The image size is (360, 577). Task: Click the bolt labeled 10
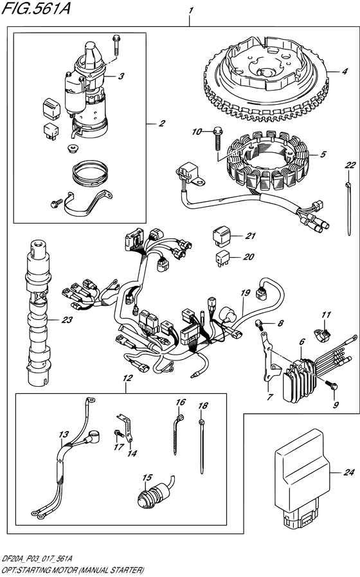click(x=216, y=133)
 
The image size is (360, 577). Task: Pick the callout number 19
click(x=244, y=293)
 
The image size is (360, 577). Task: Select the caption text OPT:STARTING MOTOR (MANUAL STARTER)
click(x=72, y=569)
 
